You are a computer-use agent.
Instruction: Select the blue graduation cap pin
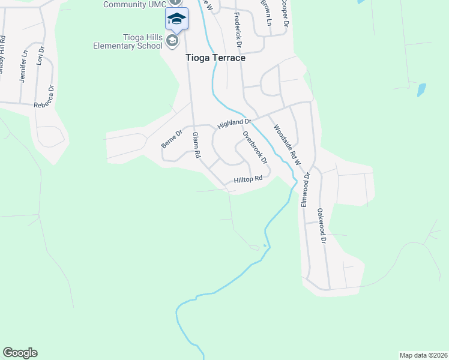tap(176, 19)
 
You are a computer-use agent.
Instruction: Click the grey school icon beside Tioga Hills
tap(173, 40)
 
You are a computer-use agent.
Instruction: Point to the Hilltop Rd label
tap(249, 179)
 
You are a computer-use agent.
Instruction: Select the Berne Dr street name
tap(171, 139)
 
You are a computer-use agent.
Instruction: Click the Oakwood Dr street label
tap(322, 225)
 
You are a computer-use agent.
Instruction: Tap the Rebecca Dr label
tap(44, 96)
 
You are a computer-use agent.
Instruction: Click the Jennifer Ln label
tap(24, 65)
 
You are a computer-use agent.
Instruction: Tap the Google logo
tap(20, 353)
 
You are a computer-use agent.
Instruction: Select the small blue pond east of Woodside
tap(421, 90)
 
